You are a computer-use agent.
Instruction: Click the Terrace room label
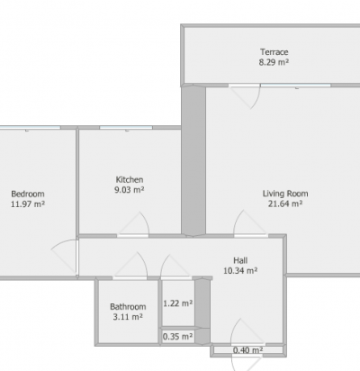(x=274, y=52)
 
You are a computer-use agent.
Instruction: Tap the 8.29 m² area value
(x=274, y=62)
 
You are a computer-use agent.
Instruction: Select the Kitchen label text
(x=130, y=179)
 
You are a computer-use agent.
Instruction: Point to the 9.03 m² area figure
(x=130, y=190)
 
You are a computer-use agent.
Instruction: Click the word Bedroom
(x=28, y=194)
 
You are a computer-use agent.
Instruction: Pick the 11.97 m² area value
(x=28, y=204)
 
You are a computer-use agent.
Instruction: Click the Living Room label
(x=285, y=194)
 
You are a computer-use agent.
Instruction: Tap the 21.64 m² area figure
(x=285, y=204)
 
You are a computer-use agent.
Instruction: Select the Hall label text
(x=240, y=260)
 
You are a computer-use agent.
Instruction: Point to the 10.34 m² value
(x=240, y=270)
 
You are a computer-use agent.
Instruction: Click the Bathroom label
(x=128, y=306)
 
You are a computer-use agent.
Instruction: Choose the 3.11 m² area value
(x=128, y=317)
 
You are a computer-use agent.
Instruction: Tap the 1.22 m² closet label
(x=178, y=303)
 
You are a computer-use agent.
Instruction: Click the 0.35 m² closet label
(x=177, y=337)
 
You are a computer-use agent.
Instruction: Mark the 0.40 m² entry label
(x=248, y=350)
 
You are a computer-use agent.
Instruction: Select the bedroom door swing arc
(x=61, y=241)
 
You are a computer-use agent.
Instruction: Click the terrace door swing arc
(x=256, y=98)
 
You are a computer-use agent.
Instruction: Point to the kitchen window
(x=126, y=128)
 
